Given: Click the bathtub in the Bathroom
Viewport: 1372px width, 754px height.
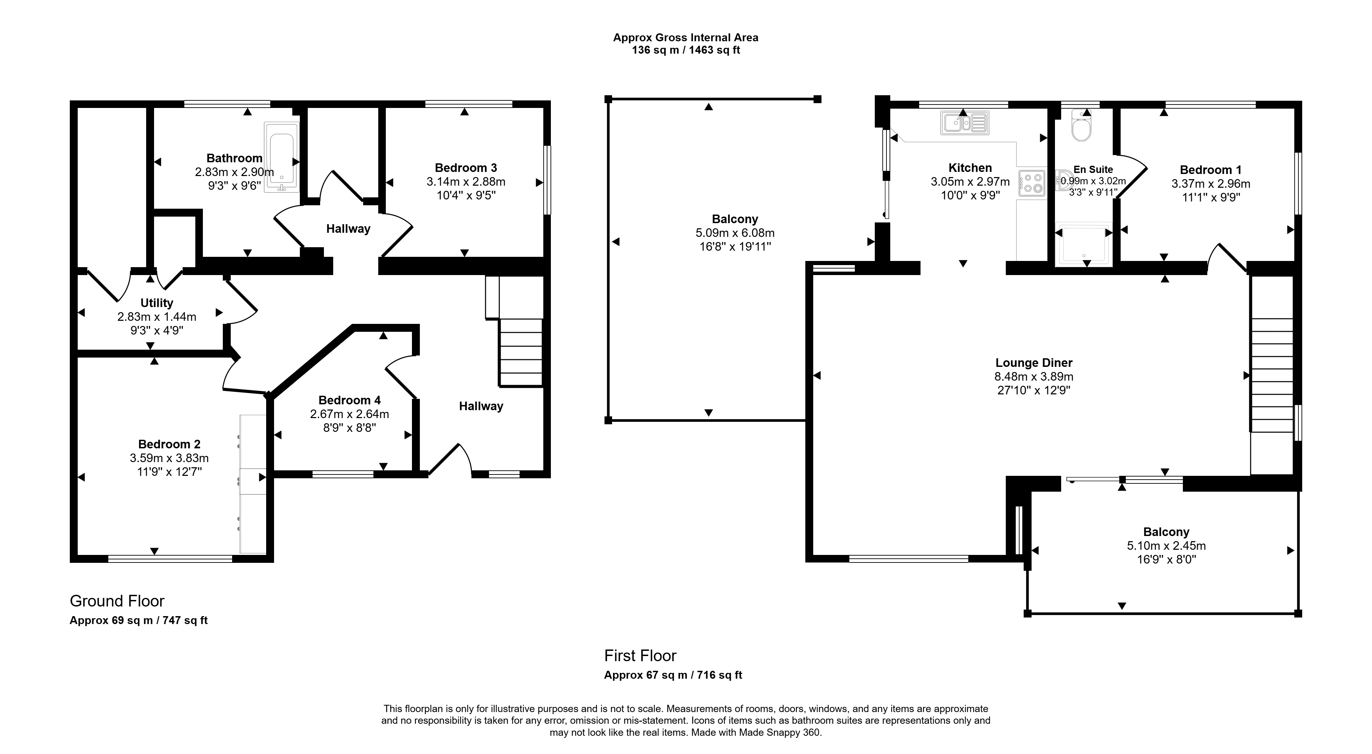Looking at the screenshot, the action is tap(282, 157).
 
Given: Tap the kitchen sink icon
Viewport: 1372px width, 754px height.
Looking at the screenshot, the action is tap(965, 122).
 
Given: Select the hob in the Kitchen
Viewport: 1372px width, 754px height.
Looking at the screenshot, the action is tap(1032, 183).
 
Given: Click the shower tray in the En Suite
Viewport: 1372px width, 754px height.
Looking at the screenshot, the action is tap(1084, 243).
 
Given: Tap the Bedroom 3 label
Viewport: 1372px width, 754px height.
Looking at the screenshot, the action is tap(466, 168).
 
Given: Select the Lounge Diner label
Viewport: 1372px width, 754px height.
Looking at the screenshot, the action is tap(1034, 363).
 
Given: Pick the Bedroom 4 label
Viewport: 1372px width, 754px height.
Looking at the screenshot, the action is tap(349, 400).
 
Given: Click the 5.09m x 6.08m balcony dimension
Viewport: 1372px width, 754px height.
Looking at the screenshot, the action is tap(735, 233).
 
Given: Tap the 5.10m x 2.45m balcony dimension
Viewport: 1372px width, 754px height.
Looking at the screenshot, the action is tap(1166, 546).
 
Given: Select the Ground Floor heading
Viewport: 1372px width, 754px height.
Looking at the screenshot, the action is tap(117, 601).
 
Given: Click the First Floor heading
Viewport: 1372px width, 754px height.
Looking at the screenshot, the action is tap(640, 655).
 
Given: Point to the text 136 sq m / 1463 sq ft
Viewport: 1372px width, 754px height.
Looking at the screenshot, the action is tap(686, 51).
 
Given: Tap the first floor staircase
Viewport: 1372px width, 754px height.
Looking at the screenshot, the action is tap(1272, 375).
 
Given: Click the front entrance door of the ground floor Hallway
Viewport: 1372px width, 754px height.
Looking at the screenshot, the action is tap(450, 459).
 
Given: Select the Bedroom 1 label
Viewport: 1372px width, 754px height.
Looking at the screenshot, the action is tap(1211, 170).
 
